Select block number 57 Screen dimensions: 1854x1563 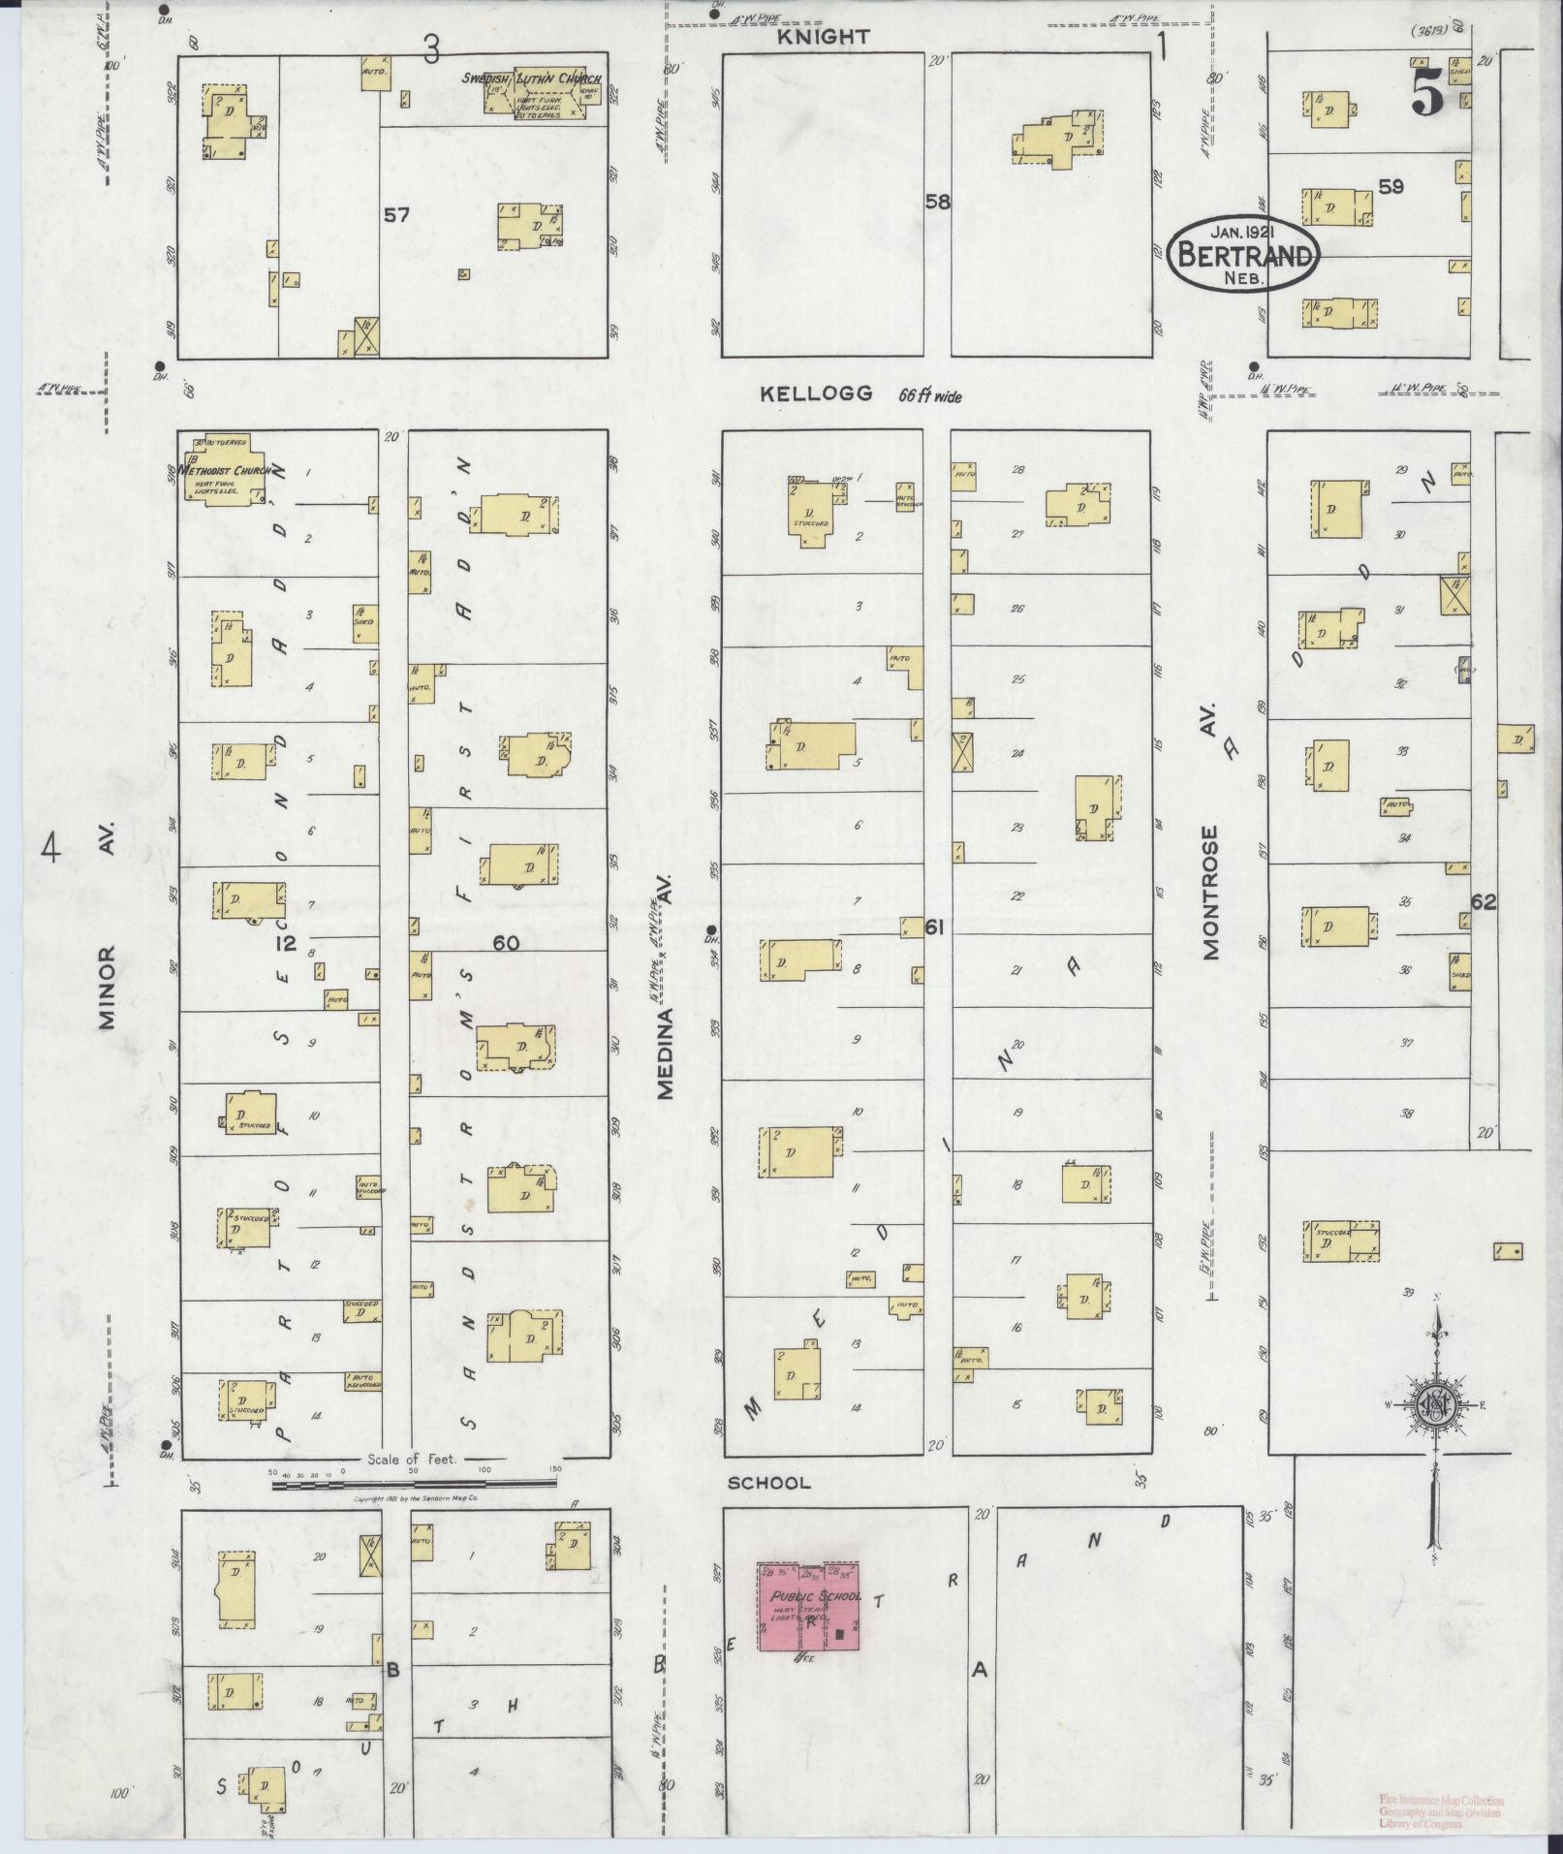[396, 214]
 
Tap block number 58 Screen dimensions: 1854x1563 [937, 202]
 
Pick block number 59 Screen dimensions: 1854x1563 [1391, 186]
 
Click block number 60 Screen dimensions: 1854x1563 [506, 943]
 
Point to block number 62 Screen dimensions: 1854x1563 [1483, 901]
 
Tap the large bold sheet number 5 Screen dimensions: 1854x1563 [1428, 96]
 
